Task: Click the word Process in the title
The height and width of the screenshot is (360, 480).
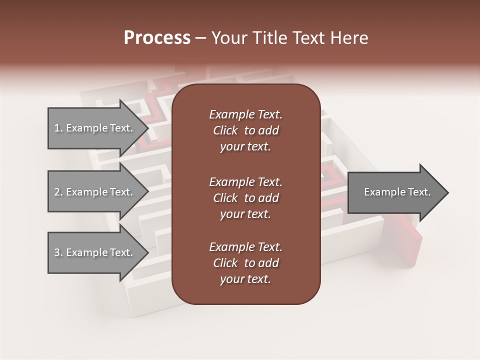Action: coord(157,38)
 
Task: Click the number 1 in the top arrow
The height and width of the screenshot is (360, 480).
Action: coord(57,128)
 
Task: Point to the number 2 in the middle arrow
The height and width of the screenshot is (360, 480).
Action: coord(57,192)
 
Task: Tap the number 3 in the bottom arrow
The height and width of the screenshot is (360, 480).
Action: coord(57,252)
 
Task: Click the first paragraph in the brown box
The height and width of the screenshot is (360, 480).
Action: coord(246,130)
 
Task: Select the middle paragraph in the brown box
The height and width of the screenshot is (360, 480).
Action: coord(246,198)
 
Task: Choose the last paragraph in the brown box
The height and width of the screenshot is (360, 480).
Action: coord(246,263)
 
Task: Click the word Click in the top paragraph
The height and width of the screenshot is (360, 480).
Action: coord(225,130)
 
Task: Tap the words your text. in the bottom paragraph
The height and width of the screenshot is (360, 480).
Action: coord(245,279)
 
